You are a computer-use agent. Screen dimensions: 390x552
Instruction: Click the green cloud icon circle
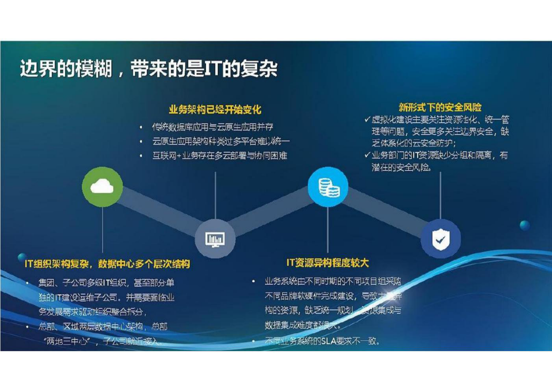(x=102, y=187)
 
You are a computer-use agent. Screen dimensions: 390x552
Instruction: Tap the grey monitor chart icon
(x=215, y=239)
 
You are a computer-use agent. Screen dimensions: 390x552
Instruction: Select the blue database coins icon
(x=328, y=187)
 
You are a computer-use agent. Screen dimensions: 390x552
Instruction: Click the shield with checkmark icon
(x=440, y=239)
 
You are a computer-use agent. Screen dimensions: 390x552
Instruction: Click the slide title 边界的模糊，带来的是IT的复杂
(x=149, y=68)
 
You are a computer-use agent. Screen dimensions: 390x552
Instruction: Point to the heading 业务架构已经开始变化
(x=215, y=110)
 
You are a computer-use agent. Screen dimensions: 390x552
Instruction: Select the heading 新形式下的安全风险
(x=440, y=107)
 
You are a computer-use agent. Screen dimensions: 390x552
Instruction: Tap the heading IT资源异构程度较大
(x=327, y=263)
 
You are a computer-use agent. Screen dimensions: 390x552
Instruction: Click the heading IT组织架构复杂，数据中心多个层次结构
(x=107, y=264)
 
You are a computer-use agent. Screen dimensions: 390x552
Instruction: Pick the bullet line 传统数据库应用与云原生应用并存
(x=212, y=127)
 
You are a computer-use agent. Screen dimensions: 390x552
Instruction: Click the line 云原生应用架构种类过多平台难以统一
(x=221, y=141)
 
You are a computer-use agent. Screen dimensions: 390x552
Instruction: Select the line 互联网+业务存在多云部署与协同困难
(x=219, y=155)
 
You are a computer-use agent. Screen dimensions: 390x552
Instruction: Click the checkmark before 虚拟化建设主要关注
(x=367, y=120)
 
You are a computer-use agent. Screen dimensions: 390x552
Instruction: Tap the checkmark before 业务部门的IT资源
(x=367, y=155)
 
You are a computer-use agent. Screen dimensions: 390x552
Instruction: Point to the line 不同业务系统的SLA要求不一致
(x=322, y=341)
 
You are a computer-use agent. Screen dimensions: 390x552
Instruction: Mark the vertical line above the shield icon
(x=440, y=195)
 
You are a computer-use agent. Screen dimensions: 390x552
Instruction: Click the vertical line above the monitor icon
(x=215, y=195)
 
